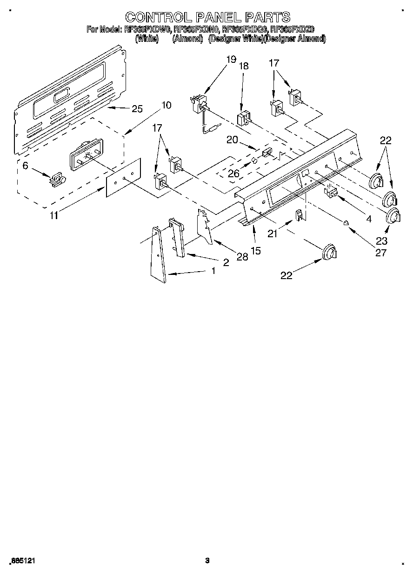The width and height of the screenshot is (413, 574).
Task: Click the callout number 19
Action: click(x=231, y=59)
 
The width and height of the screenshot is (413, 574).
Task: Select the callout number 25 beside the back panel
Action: click(x=137, y=109)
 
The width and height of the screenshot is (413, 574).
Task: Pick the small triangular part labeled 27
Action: click(x=346, y=223)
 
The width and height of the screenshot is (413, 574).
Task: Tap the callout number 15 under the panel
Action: click(x=255, y=250)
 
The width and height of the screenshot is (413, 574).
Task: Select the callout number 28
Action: click(x=242, y=256)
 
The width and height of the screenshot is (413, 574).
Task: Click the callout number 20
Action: click(x=233, y=140)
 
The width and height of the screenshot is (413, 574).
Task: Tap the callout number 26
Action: click(x=233, y=174)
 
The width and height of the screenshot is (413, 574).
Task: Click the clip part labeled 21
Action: click(x=300, y=215)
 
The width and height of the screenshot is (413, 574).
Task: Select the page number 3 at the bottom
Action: click(x=207, y=561)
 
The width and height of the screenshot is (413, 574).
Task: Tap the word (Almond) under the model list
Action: click(x=187, y=40)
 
